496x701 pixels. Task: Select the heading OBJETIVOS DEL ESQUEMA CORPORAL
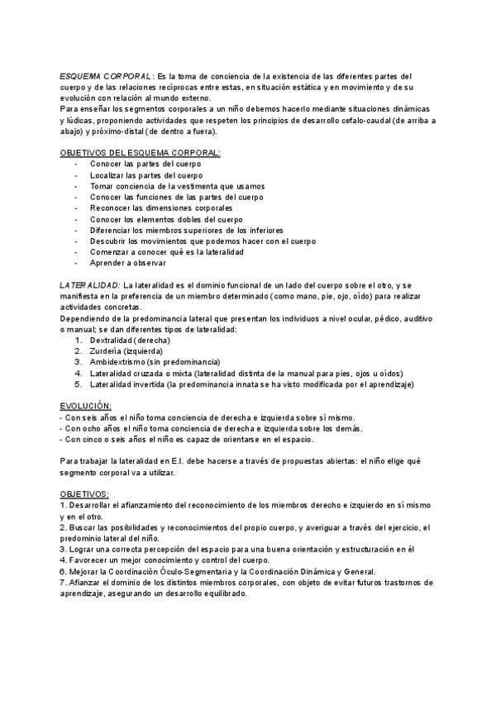[x=141, y=153]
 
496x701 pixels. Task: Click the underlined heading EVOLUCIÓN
[x=86, y=406]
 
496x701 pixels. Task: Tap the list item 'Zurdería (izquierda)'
[x=126, y=350]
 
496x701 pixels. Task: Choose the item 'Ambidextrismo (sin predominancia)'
[x=155, y=362]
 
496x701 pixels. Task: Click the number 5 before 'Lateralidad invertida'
[x=78, y=384]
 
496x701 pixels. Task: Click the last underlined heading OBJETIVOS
[x=84, y=494]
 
